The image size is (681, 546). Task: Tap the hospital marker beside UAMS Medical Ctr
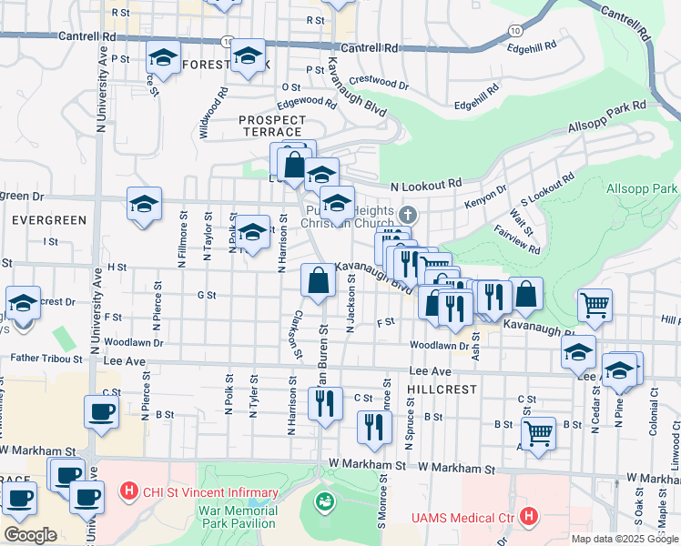529,518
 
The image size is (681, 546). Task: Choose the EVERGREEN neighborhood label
49,220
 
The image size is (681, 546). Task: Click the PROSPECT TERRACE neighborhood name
272,126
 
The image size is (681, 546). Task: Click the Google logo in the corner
30,534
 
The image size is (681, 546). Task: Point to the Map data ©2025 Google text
625,539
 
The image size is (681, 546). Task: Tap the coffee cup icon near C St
101,411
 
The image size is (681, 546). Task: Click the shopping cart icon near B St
539,433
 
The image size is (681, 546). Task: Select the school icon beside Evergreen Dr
144,205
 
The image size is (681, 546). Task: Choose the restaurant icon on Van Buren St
325,403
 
